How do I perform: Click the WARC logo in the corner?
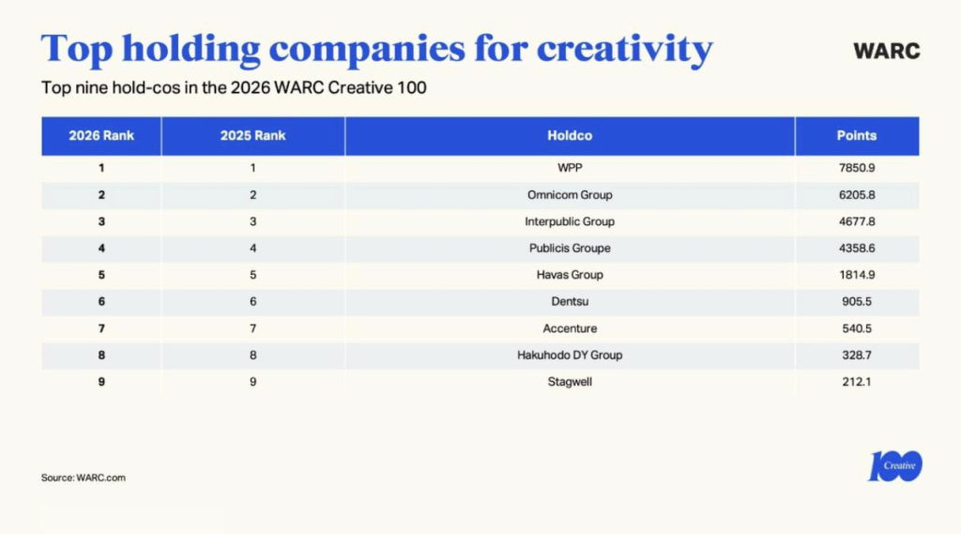coord(886,51)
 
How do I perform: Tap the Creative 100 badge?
coord(894,465)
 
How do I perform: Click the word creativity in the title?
coord(624,49)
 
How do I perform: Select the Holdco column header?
coord(570,135)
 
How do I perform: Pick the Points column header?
coord(857,135)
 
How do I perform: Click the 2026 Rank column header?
coord(101,135)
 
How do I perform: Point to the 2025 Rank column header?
coord(253,135)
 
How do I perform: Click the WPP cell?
coord(570,168)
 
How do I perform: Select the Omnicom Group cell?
coord(570,195)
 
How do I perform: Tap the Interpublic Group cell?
coord(570,221)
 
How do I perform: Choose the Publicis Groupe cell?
coord(570,249)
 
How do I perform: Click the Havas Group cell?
coord(570,275)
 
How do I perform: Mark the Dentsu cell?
coord(570,301)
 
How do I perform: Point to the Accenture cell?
coord(570,328)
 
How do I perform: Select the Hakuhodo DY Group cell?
coord(570,355)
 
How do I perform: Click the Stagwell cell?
coord(570,382)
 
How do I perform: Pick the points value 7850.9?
coord(857,168)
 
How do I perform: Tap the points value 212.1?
coord(857,382)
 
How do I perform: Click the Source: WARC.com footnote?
coord(84,478)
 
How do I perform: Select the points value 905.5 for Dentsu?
coord(857,301)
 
